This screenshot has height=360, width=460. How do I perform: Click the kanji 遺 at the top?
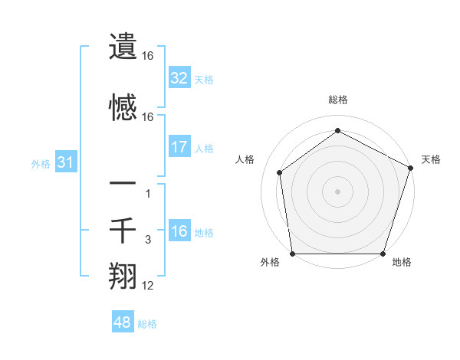coord(123,47)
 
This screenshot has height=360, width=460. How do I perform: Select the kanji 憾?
coord(123,108)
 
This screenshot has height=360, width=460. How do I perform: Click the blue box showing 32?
coord(179,78)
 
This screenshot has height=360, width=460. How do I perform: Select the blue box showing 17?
coord(179,147)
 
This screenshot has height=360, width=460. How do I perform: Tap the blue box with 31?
coord(65,163)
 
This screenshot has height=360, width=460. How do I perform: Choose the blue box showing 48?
coord(123,322)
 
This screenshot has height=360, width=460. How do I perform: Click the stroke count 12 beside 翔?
coord(148,286)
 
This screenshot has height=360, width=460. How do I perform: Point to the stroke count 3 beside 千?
coord(148,241)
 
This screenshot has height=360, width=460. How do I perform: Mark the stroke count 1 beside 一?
coord(148,194)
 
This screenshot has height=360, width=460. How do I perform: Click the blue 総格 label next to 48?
coord(147,324)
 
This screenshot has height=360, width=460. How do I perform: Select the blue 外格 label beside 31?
coord(41,164)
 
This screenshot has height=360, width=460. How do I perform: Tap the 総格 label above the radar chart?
coord(337,100)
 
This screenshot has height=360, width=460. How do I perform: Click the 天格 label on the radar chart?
coord(431,159)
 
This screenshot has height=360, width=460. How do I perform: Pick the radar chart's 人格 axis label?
coord(245,159)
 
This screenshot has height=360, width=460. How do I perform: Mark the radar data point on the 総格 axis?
coord(337,130)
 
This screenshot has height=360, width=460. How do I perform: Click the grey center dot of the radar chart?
coord(337,191)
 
